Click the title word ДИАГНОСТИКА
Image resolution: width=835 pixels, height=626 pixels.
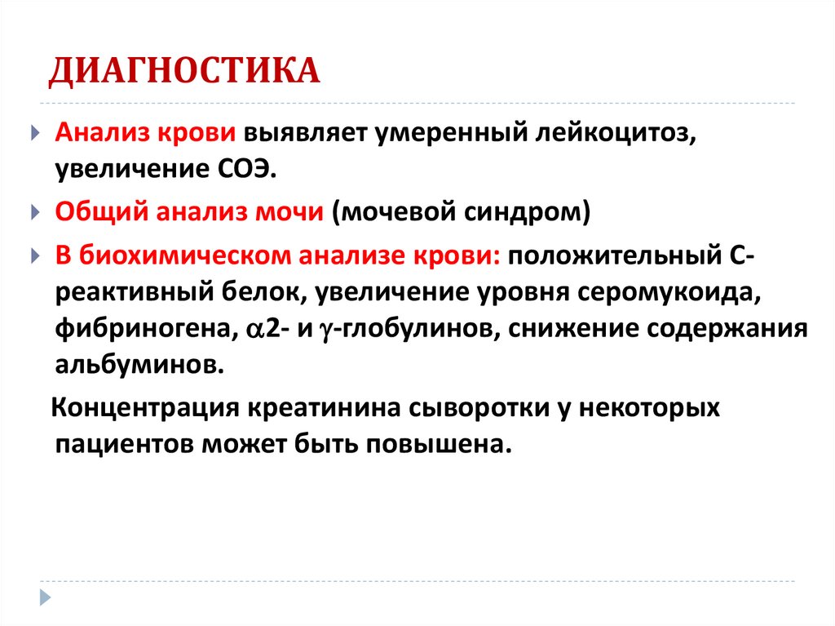pos(183,71)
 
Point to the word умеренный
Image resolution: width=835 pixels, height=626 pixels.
pos(440,133)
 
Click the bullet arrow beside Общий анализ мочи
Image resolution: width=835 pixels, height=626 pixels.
pos(34,213)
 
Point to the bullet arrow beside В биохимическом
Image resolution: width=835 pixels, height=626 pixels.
pos(34,255)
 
